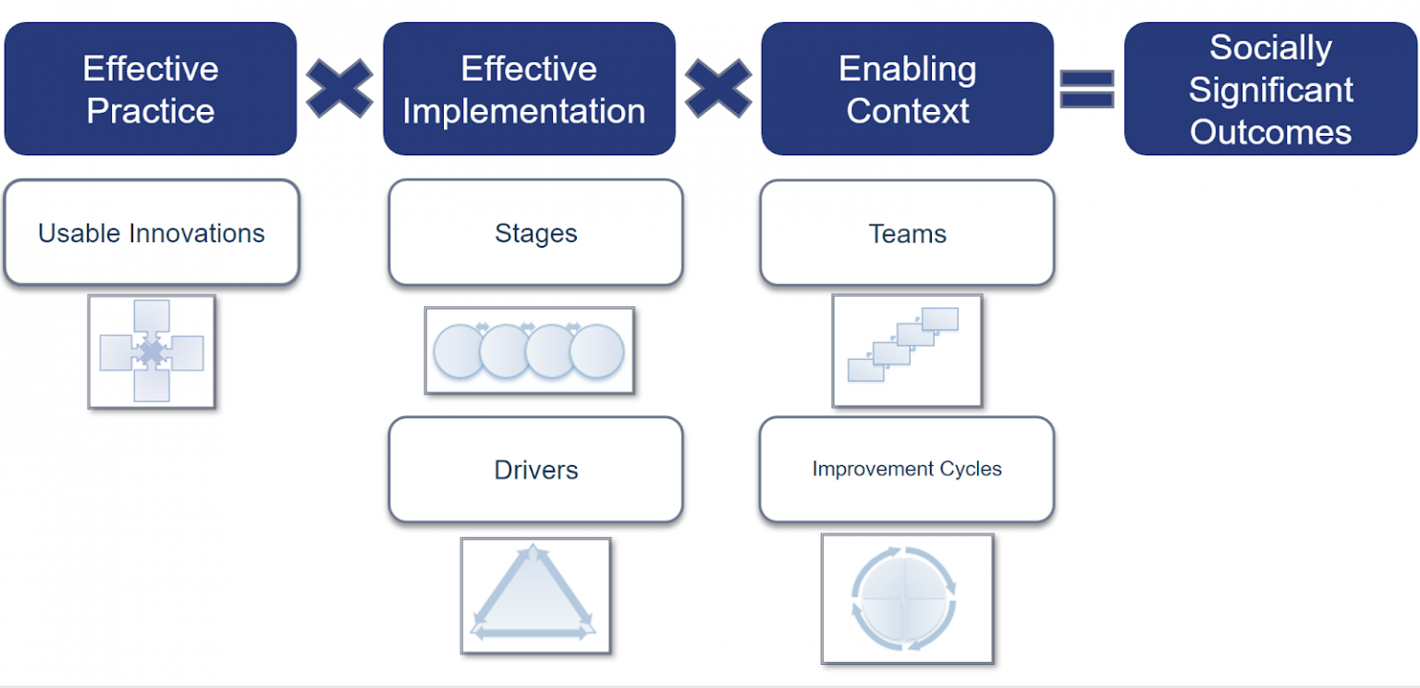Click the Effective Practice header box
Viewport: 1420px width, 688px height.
pos(151,89)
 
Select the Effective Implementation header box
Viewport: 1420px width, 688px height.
pos(529,89)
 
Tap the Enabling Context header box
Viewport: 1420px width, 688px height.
pos(907,89)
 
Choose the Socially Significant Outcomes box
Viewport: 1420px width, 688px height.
pos(1270,89)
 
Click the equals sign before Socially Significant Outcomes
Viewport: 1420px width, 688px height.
pos(1087,89)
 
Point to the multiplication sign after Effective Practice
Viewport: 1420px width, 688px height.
pos(339,89)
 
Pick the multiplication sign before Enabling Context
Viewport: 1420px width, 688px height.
pos(718,89)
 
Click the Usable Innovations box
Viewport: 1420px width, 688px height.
pos(152,232)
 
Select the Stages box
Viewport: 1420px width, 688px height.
pos(535,232)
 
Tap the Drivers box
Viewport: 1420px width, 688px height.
pos(535,469)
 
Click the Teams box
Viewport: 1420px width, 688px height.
pos(907,232)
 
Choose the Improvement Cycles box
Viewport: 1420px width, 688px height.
pos(907,469)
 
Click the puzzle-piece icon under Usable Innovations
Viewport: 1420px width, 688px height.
pos(152,351)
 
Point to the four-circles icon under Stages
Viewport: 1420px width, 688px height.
pos(529,351)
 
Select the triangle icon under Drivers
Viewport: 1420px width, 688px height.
pos(535,596)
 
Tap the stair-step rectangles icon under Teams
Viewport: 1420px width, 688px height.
pos(907,350)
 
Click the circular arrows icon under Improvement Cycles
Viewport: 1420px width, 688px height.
pos(907,598)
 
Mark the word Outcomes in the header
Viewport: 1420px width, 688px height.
pos(1270,132)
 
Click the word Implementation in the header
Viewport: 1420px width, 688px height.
pos(524,112)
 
